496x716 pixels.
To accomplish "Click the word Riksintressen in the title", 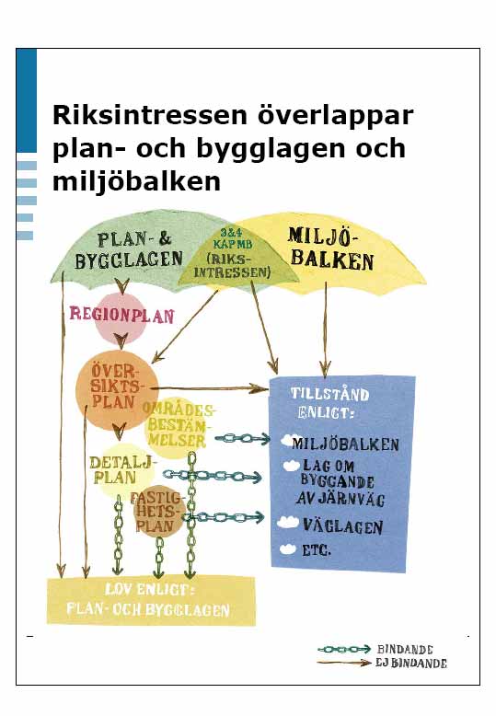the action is coord(150,115).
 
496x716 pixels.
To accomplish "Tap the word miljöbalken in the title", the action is coord(136,181).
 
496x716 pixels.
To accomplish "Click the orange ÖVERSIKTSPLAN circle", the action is coord(117,389).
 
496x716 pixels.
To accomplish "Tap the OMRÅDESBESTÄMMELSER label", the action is coord(179,425).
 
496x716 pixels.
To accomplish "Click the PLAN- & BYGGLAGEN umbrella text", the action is coord(129,250).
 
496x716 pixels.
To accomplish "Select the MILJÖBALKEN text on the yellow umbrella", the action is coord(331,248).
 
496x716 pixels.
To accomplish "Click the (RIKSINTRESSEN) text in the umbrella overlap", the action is coord(233,266).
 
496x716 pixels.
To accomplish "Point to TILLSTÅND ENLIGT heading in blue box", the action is coord(329,403).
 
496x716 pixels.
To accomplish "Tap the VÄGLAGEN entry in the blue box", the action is coord(342,526).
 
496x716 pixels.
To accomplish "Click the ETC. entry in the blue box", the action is coord(317,550).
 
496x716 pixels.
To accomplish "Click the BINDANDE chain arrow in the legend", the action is coord(344,649).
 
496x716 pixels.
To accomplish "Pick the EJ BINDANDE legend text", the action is coord(411,663).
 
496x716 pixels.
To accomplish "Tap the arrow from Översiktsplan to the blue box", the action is coord(208,389).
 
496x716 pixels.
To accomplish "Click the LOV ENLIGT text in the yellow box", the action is coord(150,590).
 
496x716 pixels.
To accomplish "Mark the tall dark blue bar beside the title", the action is coord(27,100).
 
